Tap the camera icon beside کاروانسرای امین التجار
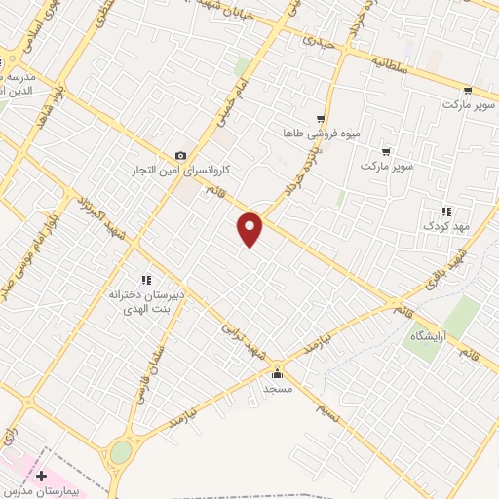(x=180, y=156)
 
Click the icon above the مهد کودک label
(x=445, y=211)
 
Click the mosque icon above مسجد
(x=278, y=372)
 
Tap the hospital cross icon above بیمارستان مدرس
(x=41, y=476)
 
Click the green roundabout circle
(x=121, y=452)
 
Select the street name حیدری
(x=318, y=43)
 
